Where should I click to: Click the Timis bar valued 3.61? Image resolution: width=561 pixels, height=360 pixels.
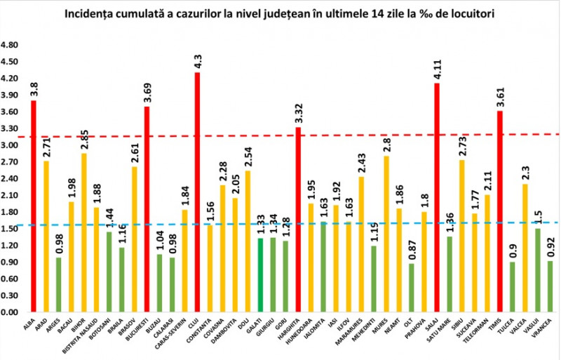pyautogui.click(x=500, y=211)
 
